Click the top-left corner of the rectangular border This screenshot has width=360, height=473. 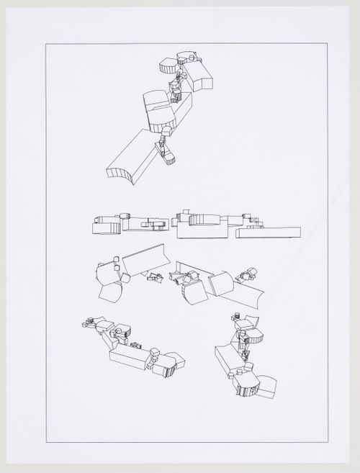[45, 44]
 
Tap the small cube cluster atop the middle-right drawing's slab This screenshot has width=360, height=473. [248, 274]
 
